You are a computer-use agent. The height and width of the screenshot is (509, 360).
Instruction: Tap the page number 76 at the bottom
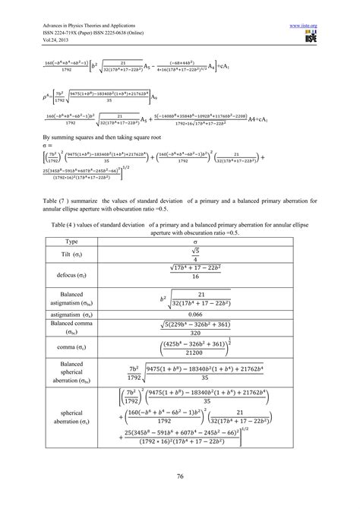pos(180,476)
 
